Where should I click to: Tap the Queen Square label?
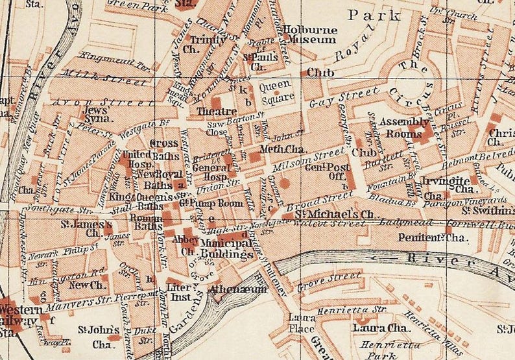(277, 92)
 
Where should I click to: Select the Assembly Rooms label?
(403, 127)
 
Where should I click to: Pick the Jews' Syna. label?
(95, 115)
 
